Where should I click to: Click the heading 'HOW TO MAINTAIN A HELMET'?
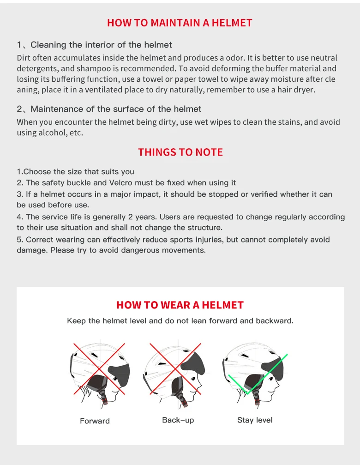click(x=180, y=23)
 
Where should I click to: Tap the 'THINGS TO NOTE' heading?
click(x=180, y=152)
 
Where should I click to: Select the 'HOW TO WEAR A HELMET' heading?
click(x=180, y=305)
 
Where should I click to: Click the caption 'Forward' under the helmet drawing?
click(x=95, y=421)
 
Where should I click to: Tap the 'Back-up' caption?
click(x=178, y=420)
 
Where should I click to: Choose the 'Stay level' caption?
click(x=255, y=420)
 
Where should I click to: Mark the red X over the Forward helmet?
click(x=99, y=369)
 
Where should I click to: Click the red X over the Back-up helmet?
click(x=175, y=369)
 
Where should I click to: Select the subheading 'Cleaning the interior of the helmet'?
click(x=101, y=45)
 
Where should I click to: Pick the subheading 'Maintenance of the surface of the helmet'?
click(x=116, y=109)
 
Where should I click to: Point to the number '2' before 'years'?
click(x=130, y=217)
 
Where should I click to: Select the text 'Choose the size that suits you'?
click(x=78, y=172)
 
